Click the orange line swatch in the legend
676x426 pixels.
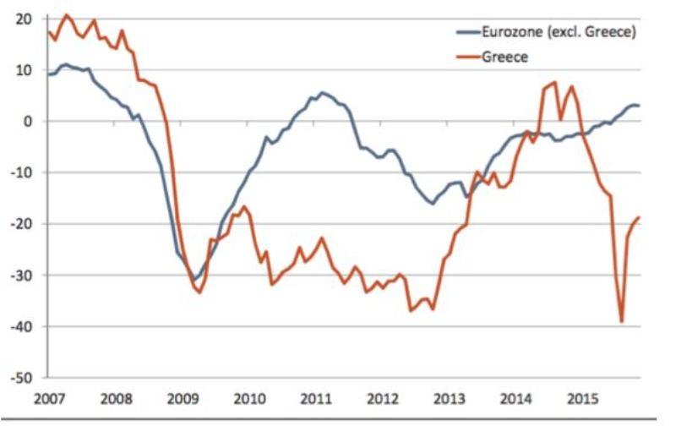[x=466, y=57]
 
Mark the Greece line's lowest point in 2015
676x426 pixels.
[x=622, y=321]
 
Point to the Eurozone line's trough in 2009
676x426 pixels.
[x=195, y=279]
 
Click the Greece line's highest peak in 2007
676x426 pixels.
[x=67, y=14]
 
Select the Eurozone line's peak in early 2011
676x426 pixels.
[x=323, y=92]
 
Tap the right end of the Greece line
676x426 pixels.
[x=640, y=217]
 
